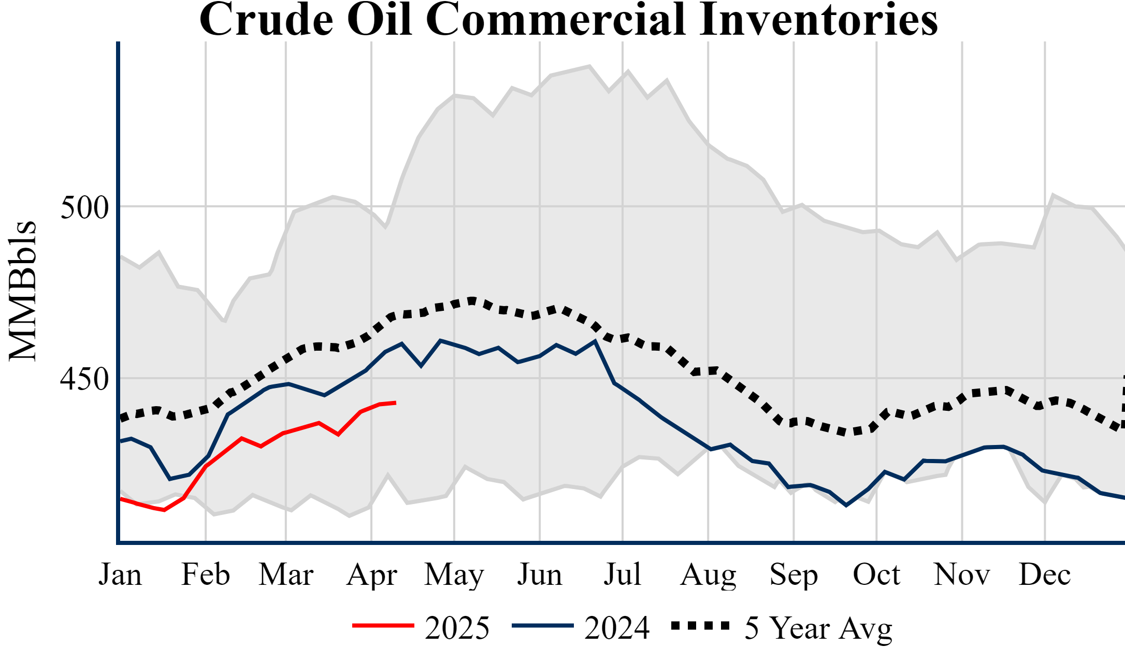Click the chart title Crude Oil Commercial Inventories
pos(568,20)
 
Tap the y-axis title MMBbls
pos(23,291)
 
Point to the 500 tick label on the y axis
pos(84,208)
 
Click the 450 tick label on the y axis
pos(84,379)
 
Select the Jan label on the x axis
pos(120,574)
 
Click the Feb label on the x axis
pos(206,574)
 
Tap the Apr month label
pos(371,574)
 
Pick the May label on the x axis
pos(454,574)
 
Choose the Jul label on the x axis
pos(623,574)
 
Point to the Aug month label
pos(708,574)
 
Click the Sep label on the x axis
pos(794,574)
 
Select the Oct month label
pos(876,574)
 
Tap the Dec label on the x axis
pos(1045,574)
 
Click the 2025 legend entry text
pos(457,628)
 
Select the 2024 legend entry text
pos(617,628)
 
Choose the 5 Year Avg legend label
pos(818,628)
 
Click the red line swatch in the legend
pos(383,626)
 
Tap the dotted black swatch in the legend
pos(700,626)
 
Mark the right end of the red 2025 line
pos(396,403)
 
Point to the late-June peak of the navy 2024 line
pos(595,341)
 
